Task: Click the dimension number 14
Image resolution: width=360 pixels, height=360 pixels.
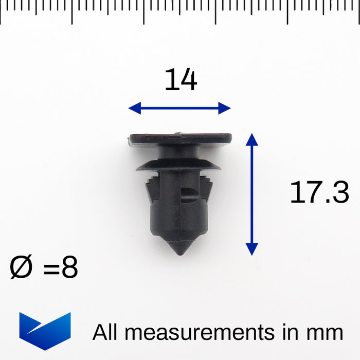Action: [x=181, y=79]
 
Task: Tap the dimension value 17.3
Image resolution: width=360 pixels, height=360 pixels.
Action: [x=319, y=192]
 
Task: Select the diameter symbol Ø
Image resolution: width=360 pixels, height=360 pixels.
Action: [x=21, y=267]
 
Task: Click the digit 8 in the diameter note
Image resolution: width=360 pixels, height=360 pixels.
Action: [x=70, y=267]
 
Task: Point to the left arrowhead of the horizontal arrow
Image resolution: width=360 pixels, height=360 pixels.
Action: [x=135, y=108]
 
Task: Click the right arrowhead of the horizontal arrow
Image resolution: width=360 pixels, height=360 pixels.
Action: [x=224, y=108]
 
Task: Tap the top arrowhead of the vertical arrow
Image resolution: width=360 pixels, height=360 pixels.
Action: [x=252, y=139]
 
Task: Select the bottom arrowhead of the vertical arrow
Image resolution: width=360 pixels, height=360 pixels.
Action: [x=252, y=249]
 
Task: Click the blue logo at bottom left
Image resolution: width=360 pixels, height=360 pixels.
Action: [x=45, y=331]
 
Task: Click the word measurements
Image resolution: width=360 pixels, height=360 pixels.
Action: [x=200, y=332]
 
